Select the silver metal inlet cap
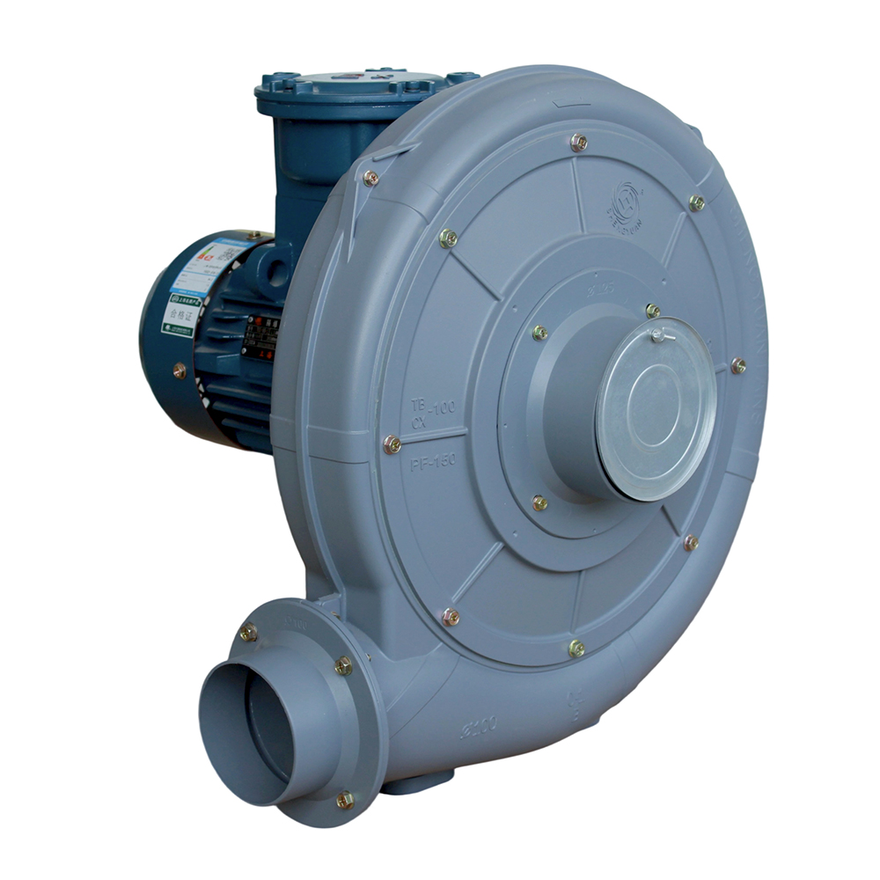point(656,407)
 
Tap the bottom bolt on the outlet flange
point(345,800)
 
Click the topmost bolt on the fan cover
point(578,142)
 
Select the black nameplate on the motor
point(260,336)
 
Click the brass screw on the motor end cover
point(180,370)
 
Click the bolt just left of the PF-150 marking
point(392,445)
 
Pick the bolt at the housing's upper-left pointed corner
point(371,178)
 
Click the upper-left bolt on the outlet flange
point(249,631)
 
